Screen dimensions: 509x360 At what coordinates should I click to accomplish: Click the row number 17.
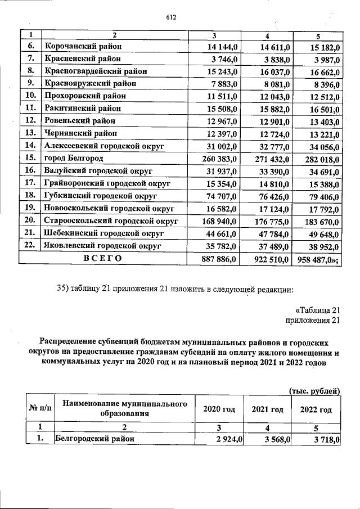(x=30, y=183)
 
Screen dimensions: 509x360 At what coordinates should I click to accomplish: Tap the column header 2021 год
(x=267, y=409)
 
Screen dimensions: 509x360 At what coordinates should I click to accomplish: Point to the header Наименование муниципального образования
(x=124, y=409)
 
